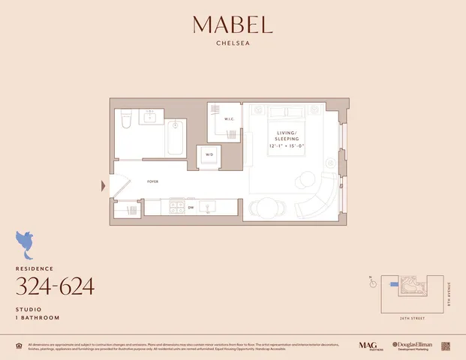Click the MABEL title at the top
point(232,25)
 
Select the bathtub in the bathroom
point(175,137)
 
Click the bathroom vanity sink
point(152,116)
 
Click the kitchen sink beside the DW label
point(209,206)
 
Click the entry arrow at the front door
point(104,185)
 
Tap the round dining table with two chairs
point(262,206)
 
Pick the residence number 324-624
point(55,286)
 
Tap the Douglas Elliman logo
point(411,346)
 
